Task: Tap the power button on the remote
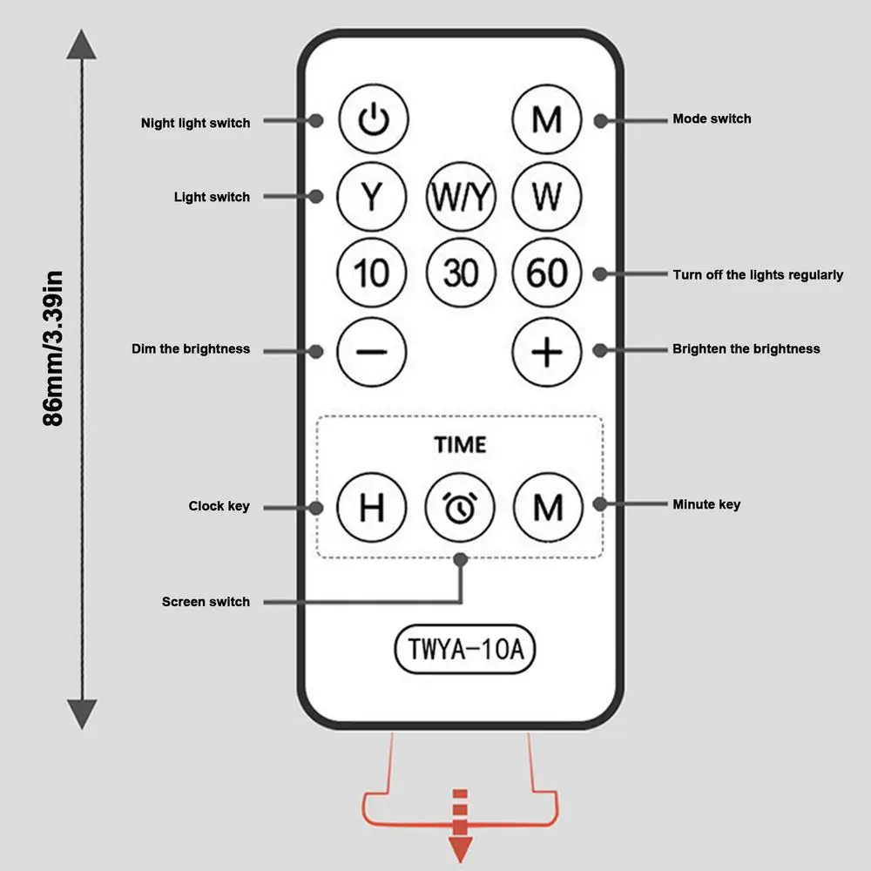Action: pos(374,118)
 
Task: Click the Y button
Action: pos(372,196)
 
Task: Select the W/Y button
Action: pos(461,196)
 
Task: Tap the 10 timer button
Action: pos(372,273)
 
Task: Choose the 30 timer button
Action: pos(461,273)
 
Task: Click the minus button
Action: pos(372,352)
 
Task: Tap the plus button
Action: pos(547,352)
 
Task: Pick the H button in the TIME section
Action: pos(372,507)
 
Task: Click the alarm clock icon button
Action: pos(460,507)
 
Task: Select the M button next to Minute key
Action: pos(548,507)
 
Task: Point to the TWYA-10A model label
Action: pos(465,649)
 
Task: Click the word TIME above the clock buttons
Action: pos(460,444)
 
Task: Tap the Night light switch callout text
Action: pos(195,123)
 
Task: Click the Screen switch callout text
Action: pos(206,602)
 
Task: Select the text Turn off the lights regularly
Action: pos(759,275)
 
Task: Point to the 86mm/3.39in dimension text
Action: pos(53,348)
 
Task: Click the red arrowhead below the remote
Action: pos(461,848)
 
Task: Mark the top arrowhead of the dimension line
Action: pos(82,44)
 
